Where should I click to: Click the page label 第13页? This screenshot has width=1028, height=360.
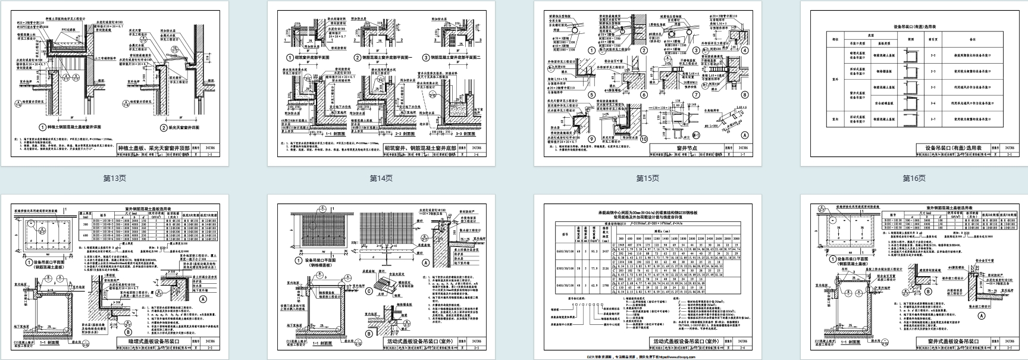(x=115, y=178)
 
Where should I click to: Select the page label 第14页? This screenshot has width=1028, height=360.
(x=381, y=178)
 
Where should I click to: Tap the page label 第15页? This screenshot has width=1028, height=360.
(x=648, y=178)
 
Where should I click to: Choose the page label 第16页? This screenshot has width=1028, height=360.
(x=914, y=178)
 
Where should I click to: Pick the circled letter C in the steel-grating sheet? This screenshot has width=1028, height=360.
(x=369, y=291)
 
